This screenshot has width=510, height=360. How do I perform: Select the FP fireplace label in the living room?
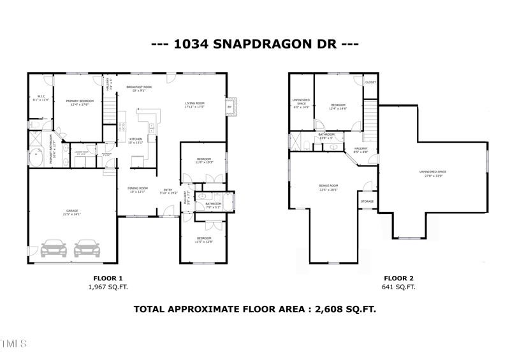click(x=229, y=106)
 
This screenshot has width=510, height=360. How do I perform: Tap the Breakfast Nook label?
click(x=138, y=87)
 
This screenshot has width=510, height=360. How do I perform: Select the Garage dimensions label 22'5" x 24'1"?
click(x=71, y=214)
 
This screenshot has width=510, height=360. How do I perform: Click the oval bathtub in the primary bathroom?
click(x=36, y=157)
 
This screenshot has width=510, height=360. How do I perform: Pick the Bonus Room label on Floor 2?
click(x=328, y=186)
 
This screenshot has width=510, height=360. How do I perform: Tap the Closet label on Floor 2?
click(x=370, y=83)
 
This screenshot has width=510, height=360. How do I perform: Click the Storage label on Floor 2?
click(x=367, y=201)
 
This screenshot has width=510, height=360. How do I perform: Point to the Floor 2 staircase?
click(x=370, y=118)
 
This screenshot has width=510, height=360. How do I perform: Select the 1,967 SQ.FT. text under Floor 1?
click(x=108, y=287)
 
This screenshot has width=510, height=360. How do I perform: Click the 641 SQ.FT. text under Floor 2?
click(x=398, y=287)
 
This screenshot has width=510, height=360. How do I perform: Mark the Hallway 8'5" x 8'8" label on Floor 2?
click(x=361, y=150)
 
